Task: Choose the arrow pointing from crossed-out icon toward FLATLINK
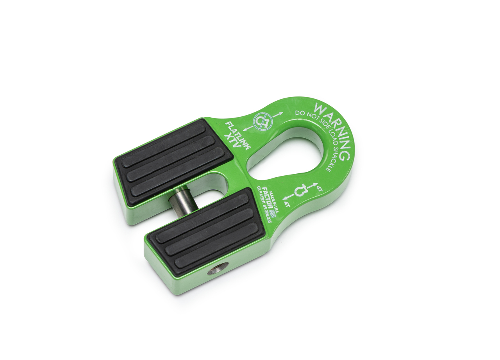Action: [x=246, y=129]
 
